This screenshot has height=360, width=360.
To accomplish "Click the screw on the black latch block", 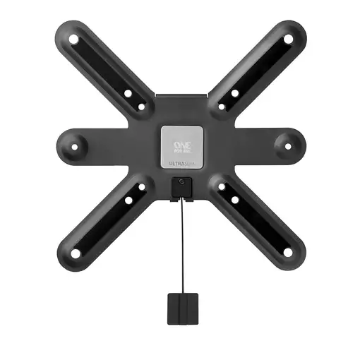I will coord(182,182).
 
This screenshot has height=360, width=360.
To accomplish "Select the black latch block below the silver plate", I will coord(181,187).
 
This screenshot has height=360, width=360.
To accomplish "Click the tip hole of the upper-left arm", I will coord(74,40).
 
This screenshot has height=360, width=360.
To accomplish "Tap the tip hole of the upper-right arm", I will coord(287,40).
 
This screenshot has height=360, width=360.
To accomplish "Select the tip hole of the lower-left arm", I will coord(74,253).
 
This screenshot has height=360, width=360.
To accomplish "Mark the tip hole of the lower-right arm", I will coord(287,251).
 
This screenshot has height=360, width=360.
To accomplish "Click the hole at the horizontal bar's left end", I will coord(75,148).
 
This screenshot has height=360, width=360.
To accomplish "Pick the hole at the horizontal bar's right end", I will coord(287,146).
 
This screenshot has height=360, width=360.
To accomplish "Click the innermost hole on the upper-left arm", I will coord(141,107).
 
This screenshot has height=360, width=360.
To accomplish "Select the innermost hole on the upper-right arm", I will coord(221,107).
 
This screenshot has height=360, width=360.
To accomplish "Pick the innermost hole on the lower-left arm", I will coord(141,187).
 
